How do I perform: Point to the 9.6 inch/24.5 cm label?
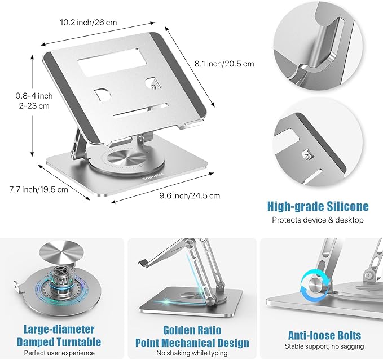tap(191, 195)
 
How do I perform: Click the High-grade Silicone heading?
tap(318, 206)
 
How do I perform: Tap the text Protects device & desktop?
tap(318, 220)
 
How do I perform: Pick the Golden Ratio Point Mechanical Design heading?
tap(192, 336)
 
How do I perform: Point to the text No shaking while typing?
tap(192, 353)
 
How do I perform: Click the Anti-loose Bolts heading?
tap(320, 336)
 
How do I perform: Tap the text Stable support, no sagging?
tap(320, 346)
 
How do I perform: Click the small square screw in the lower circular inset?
tap(307, 154)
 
